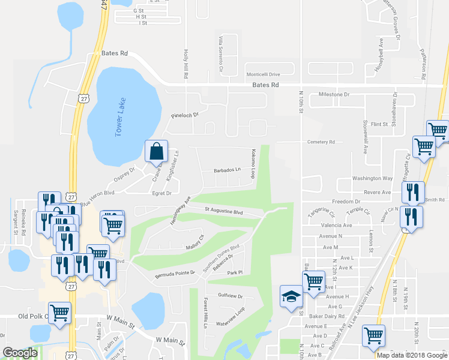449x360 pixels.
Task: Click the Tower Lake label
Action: tap(119, 117)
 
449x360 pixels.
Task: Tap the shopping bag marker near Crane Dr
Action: tap(155, 152)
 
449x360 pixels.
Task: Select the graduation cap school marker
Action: tap(291, 297)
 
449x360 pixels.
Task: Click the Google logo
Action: tap(20, 353)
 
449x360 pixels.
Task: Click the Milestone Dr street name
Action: tap(334, 95)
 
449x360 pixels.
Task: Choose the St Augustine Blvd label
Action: tap(223, 211)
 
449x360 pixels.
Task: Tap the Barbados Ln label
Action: tap(228, 170)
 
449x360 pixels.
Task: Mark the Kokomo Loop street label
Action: tap(253, 164)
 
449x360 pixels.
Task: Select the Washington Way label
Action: tap(372, 178)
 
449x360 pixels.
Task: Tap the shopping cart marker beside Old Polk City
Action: tap(59, 313)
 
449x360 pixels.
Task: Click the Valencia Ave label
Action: tap(337, 225)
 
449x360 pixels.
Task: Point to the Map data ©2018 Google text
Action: tap(412, 355)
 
